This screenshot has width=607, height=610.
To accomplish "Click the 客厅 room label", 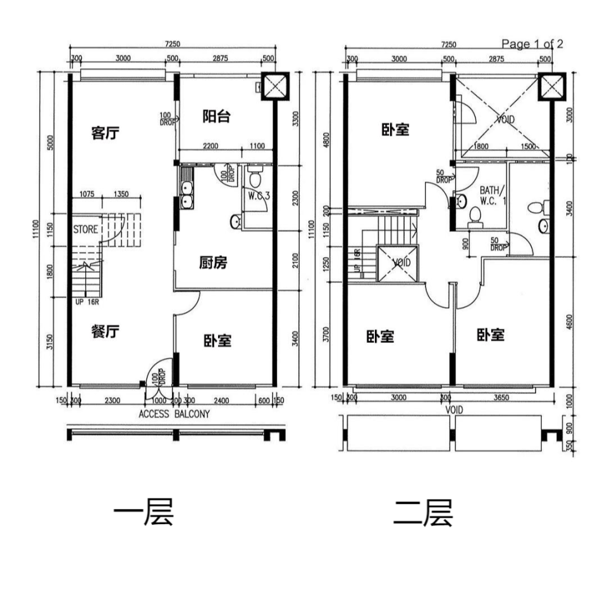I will coord(106,133).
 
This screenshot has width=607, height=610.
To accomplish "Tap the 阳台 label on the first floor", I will coord(216,116).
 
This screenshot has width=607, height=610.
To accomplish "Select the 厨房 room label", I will coord(213,263).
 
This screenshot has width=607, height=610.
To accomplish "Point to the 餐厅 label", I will coord(106,331).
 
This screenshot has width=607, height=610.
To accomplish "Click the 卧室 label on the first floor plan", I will coord(217,340).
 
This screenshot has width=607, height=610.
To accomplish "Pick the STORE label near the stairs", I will coord(85,229).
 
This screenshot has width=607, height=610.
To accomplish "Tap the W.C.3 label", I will coord(259,196).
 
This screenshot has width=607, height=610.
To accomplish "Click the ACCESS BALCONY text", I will coord(174,415).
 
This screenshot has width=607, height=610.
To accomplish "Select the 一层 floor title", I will coord(143,514).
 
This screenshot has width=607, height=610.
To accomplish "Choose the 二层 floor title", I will coord(422,514).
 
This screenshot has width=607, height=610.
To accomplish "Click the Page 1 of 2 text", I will coord(532,44).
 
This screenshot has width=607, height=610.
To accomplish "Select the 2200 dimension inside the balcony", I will coord(211,147).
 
